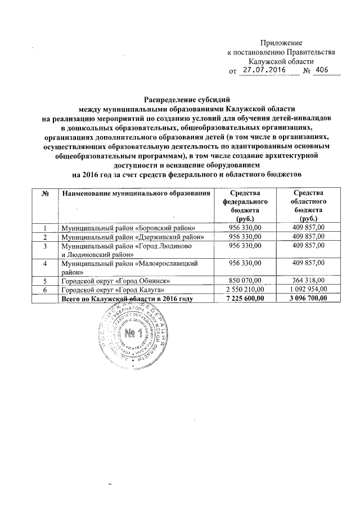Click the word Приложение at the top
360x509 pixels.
click(281, 43)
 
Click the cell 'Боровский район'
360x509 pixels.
click(129, 228)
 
